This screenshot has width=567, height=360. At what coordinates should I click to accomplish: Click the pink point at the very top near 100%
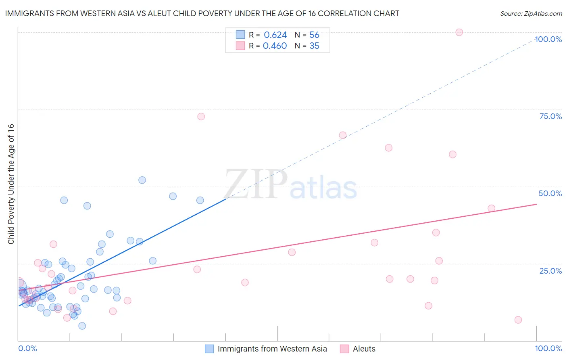[x=459, y=32]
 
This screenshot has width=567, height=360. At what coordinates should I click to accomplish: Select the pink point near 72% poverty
[x=201, y=117]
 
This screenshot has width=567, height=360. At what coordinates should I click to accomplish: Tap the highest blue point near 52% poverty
[x=142, y=180]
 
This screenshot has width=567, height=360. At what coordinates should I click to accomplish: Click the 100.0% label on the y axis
[x=548, y=39]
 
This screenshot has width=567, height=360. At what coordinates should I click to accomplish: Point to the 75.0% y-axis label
[x=550, y=116]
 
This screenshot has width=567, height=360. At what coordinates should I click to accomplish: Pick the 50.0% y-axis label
[x=550, y=193]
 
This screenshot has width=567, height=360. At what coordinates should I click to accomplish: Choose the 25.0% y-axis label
[x=550, y=270]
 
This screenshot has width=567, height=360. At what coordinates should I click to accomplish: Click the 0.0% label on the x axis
[x=27, y=348]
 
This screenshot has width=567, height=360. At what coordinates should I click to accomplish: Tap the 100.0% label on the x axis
[x=548, y=348]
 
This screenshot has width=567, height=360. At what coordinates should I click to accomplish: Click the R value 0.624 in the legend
[x=275, y=35]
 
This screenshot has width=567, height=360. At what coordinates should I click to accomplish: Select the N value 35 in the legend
[x=314, y=46]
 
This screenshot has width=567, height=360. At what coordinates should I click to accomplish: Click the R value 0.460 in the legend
[x=275, y=46]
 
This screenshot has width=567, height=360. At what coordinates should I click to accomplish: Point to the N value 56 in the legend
[x=314, y=35]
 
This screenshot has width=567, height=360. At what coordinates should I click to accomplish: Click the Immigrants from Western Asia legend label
[x=272, y=349]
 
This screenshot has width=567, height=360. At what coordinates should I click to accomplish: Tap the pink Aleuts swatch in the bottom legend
[x=344, y=349]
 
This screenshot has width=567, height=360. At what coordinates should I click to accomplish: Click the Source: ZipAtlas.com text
[x=531, y=14]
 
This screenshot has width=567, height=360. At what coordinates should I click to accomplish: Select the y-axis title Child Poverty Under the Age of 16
[x=11, y=184]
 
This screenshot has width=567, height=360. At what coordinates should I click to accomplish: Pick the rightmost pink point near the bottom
[x=518, y=320]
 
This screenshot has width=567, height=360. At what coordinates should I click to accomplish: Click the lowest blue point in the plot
[x=82, y=326]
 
